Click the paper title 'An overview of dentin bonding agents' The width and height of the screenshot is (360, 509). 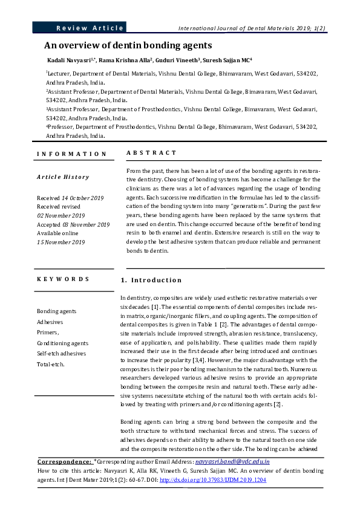128,45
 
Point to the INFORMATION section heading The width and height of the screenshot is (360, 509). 71,154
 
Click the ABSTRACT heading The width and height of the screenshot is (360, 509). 151,154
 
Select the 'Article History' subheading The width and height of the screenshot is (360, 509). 63,177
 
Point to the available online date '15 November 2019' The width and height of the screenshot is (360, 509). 61,242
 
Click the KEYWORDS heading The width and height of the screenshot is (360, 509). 63,279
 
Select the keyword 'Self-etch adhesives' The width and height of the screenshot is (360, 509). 61,353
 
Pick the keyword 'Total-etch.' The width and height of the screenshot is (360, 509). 50,364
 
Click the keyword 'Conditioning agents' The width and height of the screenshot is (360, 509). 62,343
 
